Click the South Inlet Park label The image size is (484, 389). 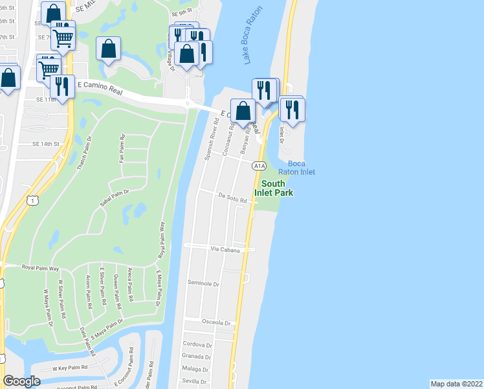coord(278,188)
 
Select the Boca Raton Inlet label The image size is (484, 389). coord(296,167)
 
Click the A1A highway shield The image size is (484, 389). coord(259,166)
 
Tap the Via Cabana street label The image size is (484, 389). coord(225,250)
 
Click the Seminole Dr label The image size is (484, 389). coord(204,284)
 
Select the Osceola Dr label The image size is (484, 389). coord(216,323)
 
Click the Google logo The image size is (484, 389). coord(21,381)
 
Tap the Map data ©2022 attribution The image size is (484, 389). coord(456,383)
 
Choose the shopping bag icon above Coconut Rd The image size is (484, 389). coord(243,110)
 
